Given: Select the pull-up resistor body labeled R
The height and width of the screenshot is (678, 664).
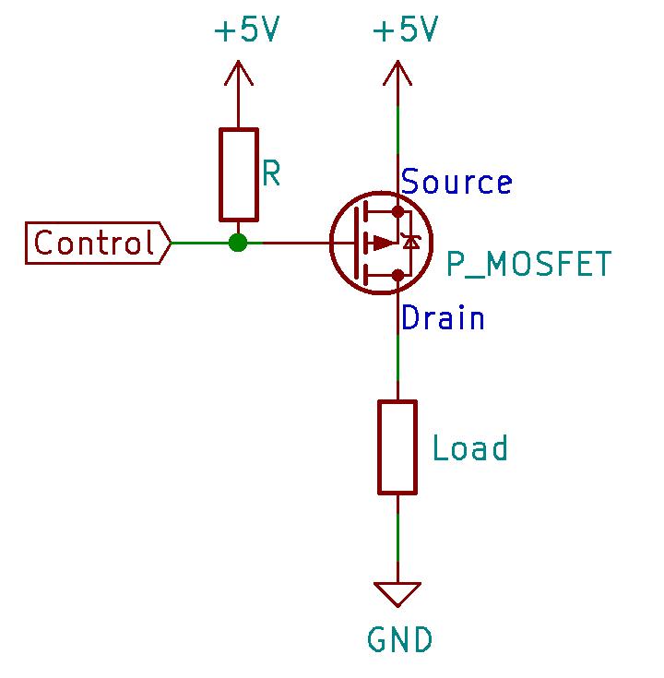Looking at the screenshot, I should point(239,175).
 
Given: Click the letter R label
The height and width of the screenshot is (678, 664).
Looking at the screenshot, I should point(271,173).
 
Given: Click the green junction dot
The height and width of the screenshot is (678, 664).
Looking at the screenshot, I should point(239,244).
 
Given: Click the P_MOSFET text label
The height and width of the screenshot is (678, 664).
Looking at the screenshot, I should point(528,265).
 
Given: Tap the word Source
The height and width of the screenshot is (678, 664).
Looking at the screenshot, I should point(456,183).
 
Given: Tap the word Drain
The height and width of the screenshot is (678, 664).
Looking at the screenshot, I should point(444,318).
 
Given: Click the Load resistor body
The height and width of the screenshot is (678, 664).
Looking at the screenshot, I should point(397,446).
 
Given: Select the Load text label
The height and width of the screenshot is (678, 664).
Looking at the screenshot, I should point(470,449).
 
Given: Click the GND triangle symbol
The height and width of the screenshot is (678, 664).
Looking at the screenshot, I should point(397,594).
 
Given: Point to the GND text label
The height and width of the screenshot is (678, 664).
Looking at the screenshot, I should point(399,639).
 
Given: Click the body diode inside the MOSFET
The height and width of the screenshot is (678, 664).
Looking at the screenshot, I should point(411,243).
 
